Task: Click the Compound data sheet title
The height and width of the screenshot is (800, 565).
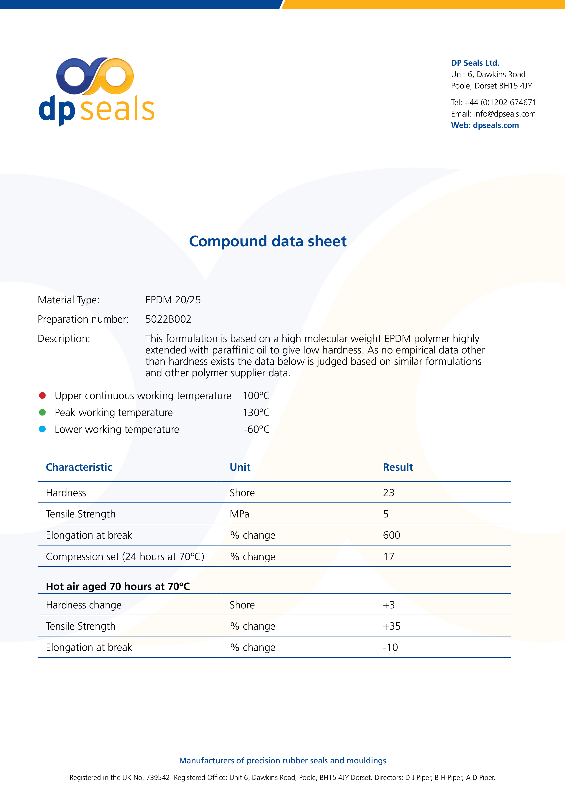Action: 267,241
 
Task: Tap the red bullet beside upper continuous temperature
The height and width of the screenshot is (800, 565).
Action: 42,395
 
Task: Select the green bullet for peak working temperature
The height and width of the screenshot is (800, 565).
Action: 42,412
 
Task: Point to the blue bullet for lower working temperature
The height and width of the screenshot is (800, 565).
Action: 42,429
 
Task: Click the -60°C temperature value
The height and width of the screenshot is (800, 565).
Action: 257,429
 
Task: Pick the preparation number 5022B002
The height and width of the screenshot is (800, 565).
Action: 168,319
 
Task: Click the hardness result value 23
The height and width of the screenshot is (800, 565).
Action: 388,493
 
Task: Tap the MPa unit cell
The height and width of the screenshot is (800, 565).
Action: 239,514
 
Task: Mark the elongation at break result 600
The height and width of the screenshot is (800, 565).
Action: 391,535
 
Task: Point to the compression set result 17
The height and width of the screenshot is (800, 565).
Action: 388,556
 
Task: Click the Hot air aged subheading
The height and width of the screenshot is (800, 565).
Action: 118,586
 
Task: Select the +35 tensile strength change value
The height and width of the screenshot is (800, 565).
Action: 392,626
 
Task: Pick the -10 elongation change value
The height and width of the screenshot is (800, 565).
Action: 390,647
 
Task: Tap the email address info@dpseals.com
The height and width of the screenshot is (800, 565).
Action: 504,114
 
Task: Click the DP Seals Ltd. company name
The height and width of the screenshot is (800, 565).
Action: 475,63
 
